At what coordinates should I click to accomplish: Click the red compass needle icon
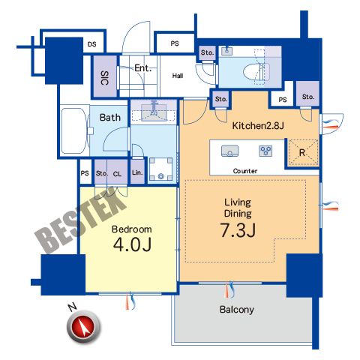pos(83,327)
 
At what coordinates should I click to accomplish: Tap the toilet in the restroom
pos(256,72)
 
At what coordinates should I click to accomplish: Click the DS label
pos(91,44)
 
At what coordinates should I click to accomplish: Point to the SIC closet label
pos(105,78)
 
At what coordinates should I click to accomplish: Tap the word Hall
pos(178,76)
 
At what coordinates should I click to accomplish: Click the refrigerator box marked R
pos(303,152)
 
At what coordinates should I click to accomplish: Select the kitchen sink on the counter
pos(229,151)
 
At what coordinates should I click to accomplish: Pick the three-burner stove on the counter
pos(265,151)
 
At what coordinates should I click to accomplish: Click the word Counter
pos(245,171)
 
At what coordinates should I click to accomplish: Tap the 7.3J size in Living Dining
pos(238,230)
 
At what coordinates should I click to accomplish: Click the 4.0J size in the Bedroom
pos(132,244)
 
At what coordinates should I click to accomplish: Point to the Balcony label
pos(237,310)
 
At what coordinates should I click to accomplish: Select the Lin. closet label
pos(137,172)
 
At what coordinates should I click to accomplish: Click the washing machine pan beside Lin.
pos(160,169)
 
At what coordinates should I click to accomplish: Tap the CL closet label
pos(117,174)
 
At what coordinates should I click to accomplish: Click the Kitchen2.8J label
pos(258,125)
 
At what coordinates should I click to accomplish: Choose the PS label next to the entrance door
pos(175,43)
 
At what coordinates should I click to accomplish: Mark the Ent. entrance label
pos(143,68)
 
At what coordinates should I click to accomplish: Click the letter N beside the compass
pos(73,307)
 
